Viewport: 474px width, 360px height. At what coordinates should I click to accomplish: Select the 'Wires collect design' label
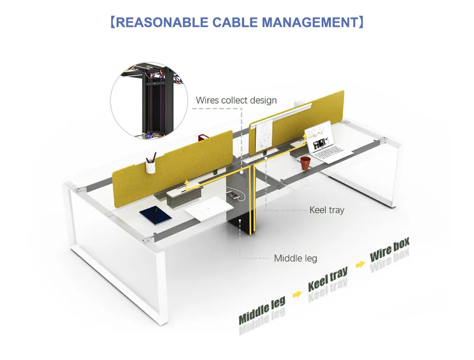coord(236,100)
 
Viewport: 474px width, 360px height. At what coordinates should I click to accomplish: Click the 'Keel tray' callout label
coord(327,209)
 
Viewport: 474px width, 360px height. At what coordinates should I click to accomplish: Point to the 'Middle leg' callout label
coord(295,258)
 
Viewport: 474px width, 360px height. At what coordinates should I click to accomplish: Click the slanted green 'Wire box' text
coord(389,250)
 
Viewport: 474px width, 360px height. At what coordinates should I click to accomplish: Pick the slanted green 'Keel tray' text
coord(328,279)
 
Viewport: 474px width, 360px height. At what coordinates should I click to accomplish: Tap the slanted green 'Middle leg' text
coord(262,311)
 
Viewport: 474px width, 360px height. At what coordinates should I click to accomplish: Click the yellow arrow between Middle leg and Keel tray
coord(297,294)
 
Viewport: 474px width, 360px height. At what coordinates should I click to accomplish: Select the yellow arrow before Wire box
coord(361,264)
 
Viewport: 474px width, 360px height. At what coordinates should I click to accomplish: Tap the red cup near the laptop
coord(306,162)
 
